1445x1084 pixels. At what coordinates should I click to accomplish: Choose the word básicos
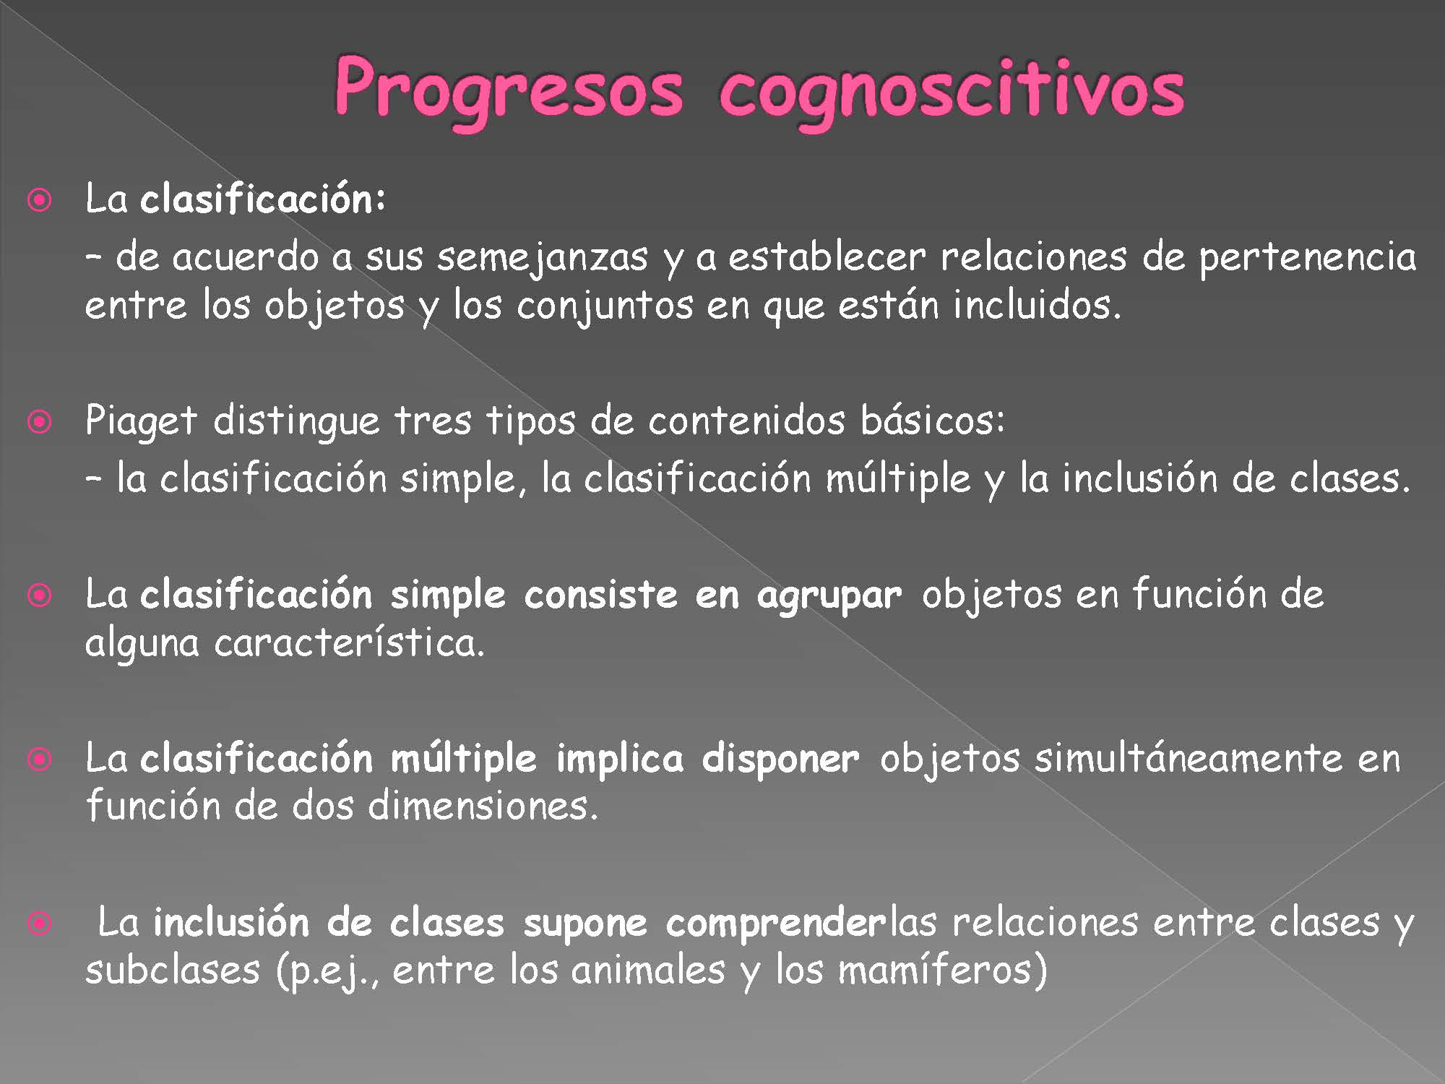pos(932,420)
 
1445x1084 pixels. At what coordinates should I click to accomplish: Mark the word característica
pos(349,642)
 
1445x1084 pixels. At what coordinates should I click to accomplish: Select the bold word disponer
pos(780,759)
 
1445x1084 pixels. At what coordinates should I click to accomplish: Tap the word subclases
pos(173,970)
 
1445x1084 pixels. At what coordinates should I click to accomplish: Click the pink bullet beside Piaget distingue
pos(40,422)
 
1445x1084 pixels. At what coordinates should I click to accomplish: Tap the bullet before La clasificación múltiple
pos(40,760)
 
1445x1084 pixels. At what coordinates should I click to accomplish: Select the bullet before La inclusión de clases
pos(40,924)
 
